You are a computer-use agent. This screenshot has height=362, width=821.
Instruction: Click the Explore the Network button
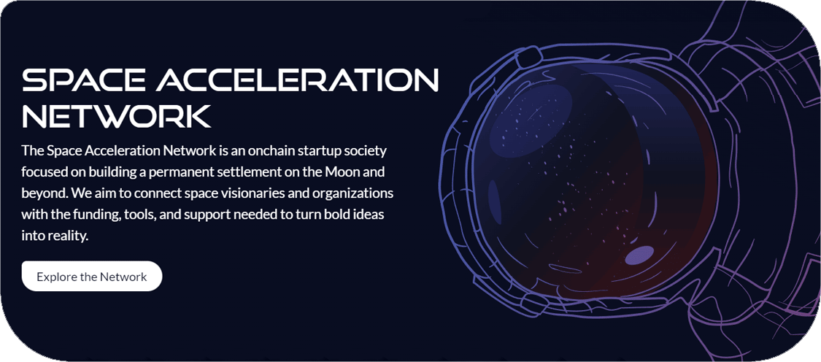pyautogui.click(x=92, y=276)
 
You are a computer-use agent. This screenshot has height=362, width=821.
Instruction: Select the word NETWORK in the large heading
pyautogui.click(x=116, y=116)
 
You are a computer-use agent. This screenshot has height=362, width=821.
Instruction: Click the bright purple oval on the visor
pyautogui.click(x=640, y=255)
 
